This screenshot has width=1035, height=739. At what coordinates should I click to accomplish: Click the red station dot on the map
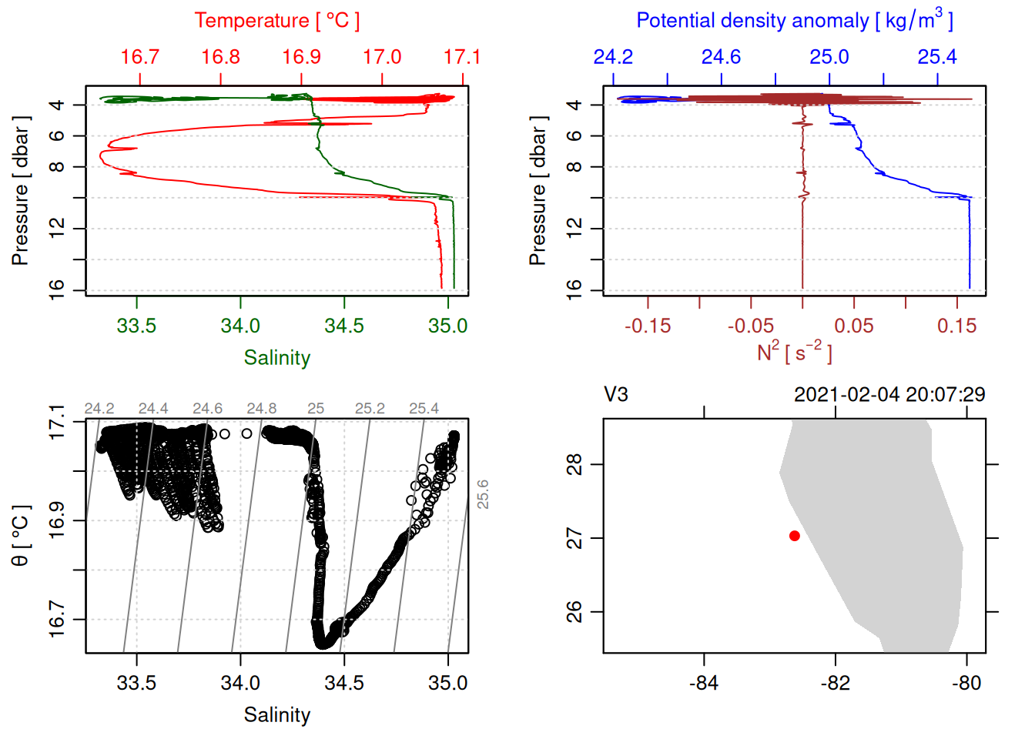[794, 536]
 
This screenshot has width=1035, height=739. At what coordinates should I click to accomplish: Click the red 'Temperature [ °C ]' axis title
[276, 21]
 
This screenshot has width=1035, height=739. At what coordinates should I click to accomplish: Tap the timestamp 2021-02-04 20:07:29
[889, 395]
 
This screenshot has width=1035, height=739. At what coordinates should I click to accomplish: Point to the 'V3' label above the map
[616, 395]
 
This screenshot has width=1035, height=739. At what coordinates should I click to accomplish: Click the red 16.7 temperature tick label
[140, 57]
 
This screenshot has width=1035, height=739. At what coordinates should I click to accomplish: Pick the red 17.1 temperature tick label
[461, 57]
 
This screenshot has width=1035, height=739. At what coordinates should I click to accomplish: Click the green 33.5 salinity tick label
[136, 326]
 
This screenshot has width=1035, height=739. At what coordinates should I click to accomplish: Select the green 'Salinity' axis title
[276, 358]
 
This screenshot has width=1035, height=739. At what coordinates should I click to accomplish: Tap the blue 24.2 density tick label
[613, 57]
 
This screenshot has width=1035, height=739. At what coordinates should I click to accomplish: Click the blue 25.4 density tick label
[936, 57]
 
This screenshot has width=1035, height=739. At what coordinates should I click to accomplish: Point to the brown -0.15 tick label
[647, 326]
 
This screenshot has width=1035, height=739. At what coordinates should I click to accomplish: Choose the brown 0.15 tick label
[956, 326]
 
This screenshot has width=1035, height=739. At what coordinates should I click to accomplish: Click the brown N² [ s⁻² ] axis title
[794, 353]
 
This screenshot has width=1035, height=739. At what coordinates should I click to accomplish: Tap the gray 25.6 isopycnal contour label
[482, 494]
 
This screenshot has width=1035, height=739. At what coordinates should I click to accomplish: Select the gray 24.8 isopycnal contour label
[261, 409]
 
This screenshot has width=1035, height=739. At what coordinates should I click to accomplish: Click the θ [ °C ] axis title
[20, 536]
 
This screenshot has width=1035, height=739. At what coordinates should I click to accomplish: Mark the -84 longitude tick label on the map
[704, 683]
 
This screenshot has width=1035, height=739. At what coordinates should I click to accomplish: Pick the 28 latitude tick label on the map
[574, 464]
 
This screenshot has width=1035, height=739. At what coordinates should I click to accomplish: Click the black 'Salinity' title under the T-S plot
[276, 715]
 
